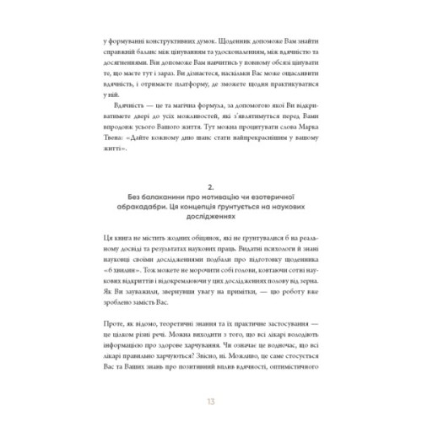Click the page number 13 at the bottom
[211, 399]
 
